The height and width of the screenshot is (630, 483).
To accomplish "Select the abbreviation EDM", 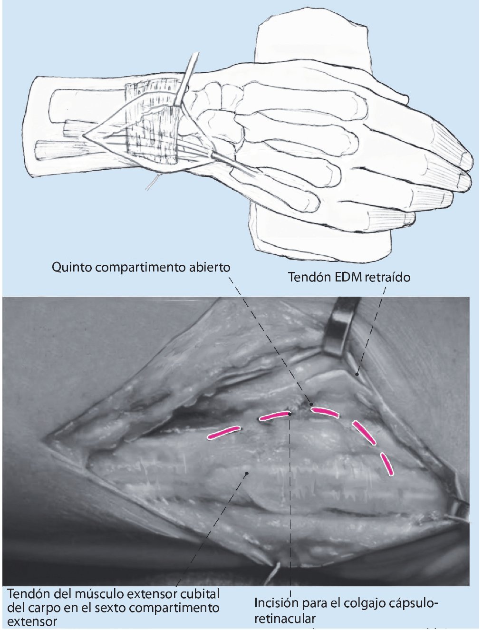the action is pos(346,277).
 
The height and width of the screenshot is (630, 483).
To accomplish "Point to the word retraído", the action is pos(387,277).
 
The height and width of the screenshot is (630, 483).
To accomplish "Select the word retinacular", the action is pos(285,619).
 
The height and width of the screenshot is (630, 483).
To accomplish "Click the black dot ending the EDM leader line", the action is pos(357,375).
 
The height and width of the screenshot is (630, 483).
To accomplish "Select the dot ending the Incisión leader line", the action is pos(290,414).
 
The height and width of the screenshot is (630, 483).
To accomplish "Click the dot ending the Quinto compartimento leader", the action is pos(312,405).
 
